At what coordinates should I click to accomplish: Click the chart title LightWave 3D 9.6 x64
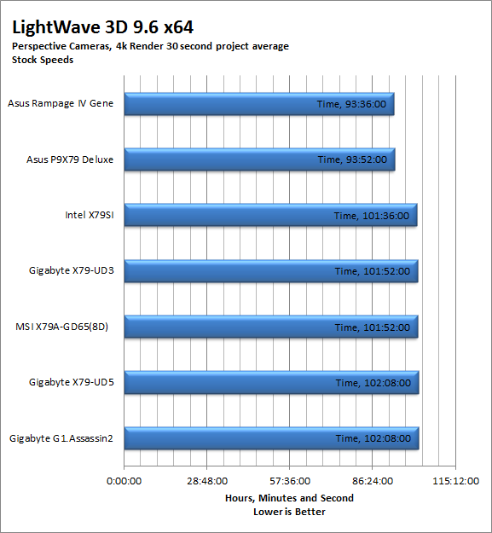[102, 27]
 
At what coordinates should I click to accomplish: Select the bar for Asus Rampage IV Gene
[259, 104]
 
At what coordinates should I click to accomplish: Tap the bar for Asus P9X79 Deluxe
[259, 159]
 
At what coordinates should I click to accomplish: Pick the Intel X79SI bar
[270, 215]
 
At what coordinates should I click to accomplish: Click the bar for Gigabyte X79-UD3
[271, 271]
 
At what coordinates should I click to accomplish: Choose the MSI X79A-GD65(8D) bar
[271, 327]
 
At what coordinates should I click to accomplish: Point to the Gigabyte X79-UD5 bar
[271, 382]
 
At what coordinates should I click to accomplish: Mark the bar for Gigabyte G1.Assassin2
[271, 438]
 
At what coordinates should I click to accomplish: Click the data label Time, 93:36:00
[351, 104]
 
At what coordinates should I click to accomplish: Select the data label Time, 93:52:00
[352, 159]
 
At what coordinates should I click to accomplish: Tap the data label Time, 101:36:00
[372, 216]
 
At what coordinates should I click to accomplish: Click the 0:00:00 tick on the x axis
[124, 481]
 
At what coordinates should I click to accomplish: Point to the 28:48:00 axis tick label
[207, 481]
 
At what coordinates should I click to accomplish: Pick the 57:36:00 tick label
[290, 481]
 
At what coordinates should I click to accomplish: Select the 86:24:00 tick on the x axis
[373, 481]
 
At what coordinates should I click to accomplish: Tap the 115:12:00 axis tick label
[455, 481]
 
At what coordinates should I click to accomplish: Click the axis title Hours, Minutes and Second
[290, 498]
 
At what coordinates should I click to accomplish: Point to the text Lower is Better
[290, 512]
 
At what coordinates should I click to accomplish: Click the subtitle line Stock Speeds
[43, 60]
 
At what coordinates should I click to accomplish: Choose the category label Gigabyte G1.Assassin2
[61, 438]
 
